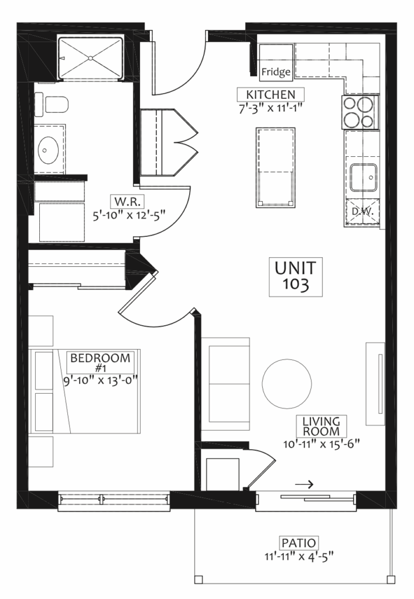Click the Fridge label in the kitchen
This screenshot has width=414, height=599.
[x=276, y=72]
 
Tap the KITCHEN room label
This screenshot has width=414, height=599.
[x=271, y=94]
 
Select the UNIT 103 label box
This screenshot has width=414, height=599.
[x=296, y=277]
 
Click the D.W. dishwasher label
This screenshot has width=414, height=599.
[x=362, y=211]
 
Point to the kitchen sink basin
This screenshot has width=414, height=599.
[x=364, y=178]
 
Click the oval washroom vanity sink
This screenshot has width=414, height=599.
[x=48, y=150]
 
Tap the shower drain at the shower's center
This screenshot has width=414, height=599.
[x=91, y=58]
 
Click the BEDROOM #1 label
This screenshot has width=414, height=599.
[x=101, y=362]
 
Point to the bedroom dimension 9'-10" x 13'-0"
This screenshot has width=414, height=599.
[x=100, y=381]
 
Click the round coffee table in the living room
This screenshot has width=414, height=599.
[x=287, y=383]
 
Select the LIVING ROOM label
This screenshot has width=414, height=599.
[x=321, y=426]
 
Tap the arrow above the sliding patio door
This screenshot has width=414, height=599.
[x=304, y=484]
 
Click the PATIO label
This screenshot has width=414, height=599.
[x=299, y=543]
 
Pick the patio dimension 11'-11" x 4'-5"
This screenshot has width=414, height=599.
[x=299, y=556]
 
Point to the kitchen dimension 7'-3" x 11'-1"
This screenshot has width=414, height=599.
[x=271, y=108]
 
